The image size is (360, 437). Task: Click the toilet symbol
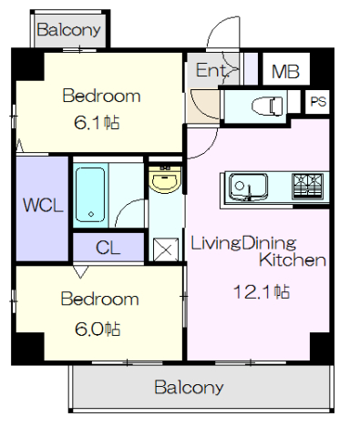267,107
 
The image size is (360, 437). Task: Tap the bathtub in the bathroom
90,195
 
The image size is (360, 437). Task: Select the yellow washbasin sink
165,179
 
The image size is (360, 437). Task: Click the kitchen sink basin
248,188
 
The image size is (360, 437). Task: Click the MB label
285,72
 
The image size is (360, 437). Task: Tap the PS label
318,102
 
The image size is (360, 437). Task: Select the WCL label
43,205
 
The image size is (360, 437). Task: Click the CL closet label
108,248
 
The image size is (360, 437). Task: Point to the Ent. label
211,70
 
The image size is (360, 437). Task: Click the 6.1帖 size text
97,123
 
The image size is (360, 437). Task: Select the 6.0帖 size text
98,329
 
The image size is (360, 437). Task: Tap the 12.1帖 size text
262,292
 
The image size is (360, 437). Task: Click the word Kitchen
293,260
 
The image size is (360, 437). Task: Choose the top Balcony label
68,30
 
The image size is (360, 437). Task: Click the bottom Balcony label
189,388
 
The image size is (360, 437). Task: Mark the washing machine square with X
166,249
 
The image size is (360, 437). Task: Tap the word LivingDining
243,243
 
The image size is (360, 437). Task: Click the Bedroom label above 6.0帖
100,299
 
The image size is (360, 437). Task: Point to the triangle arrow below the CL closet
80,271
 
